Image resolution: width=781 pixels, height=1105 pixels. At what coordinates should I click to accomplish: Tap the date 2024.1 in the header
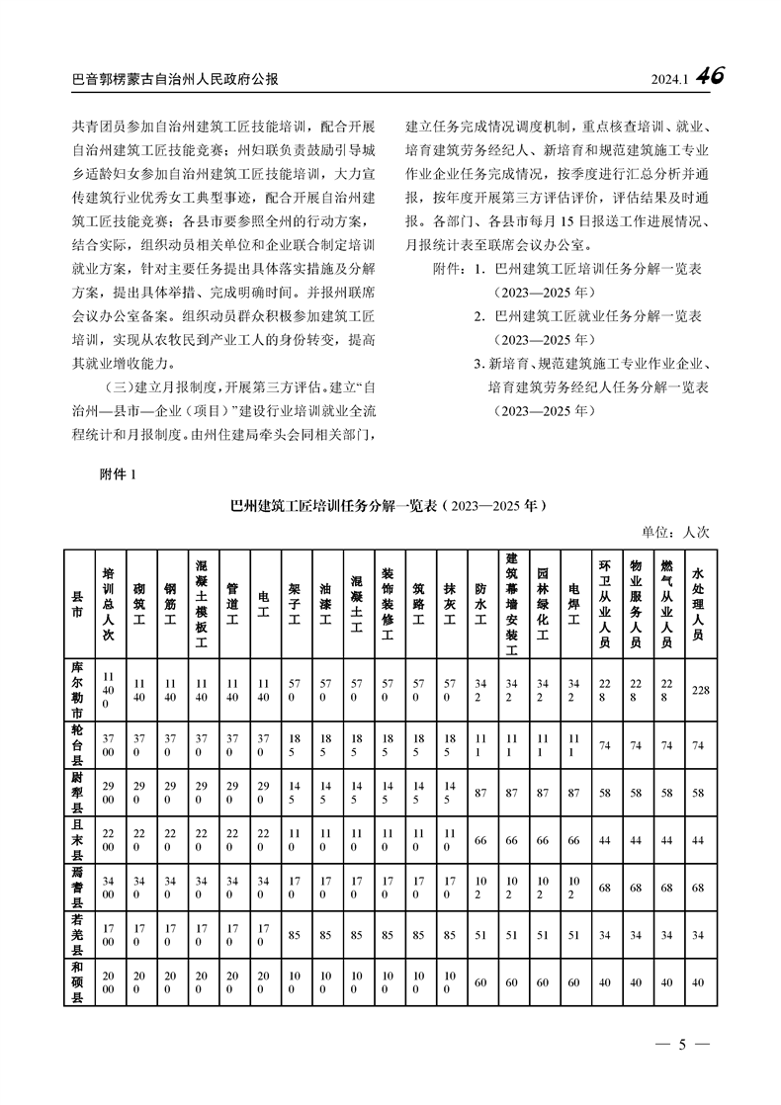coord(669,79)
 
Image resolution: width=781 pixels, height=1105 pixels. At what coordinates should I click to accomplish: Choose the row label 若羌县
coord(77,930)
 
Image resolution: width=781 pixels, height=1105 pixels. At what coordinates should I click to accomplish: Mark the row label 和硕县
coord(77,982)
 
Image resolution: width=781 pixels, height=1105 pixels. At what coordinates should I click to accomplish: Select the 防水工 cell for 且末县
coord(480,839)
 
